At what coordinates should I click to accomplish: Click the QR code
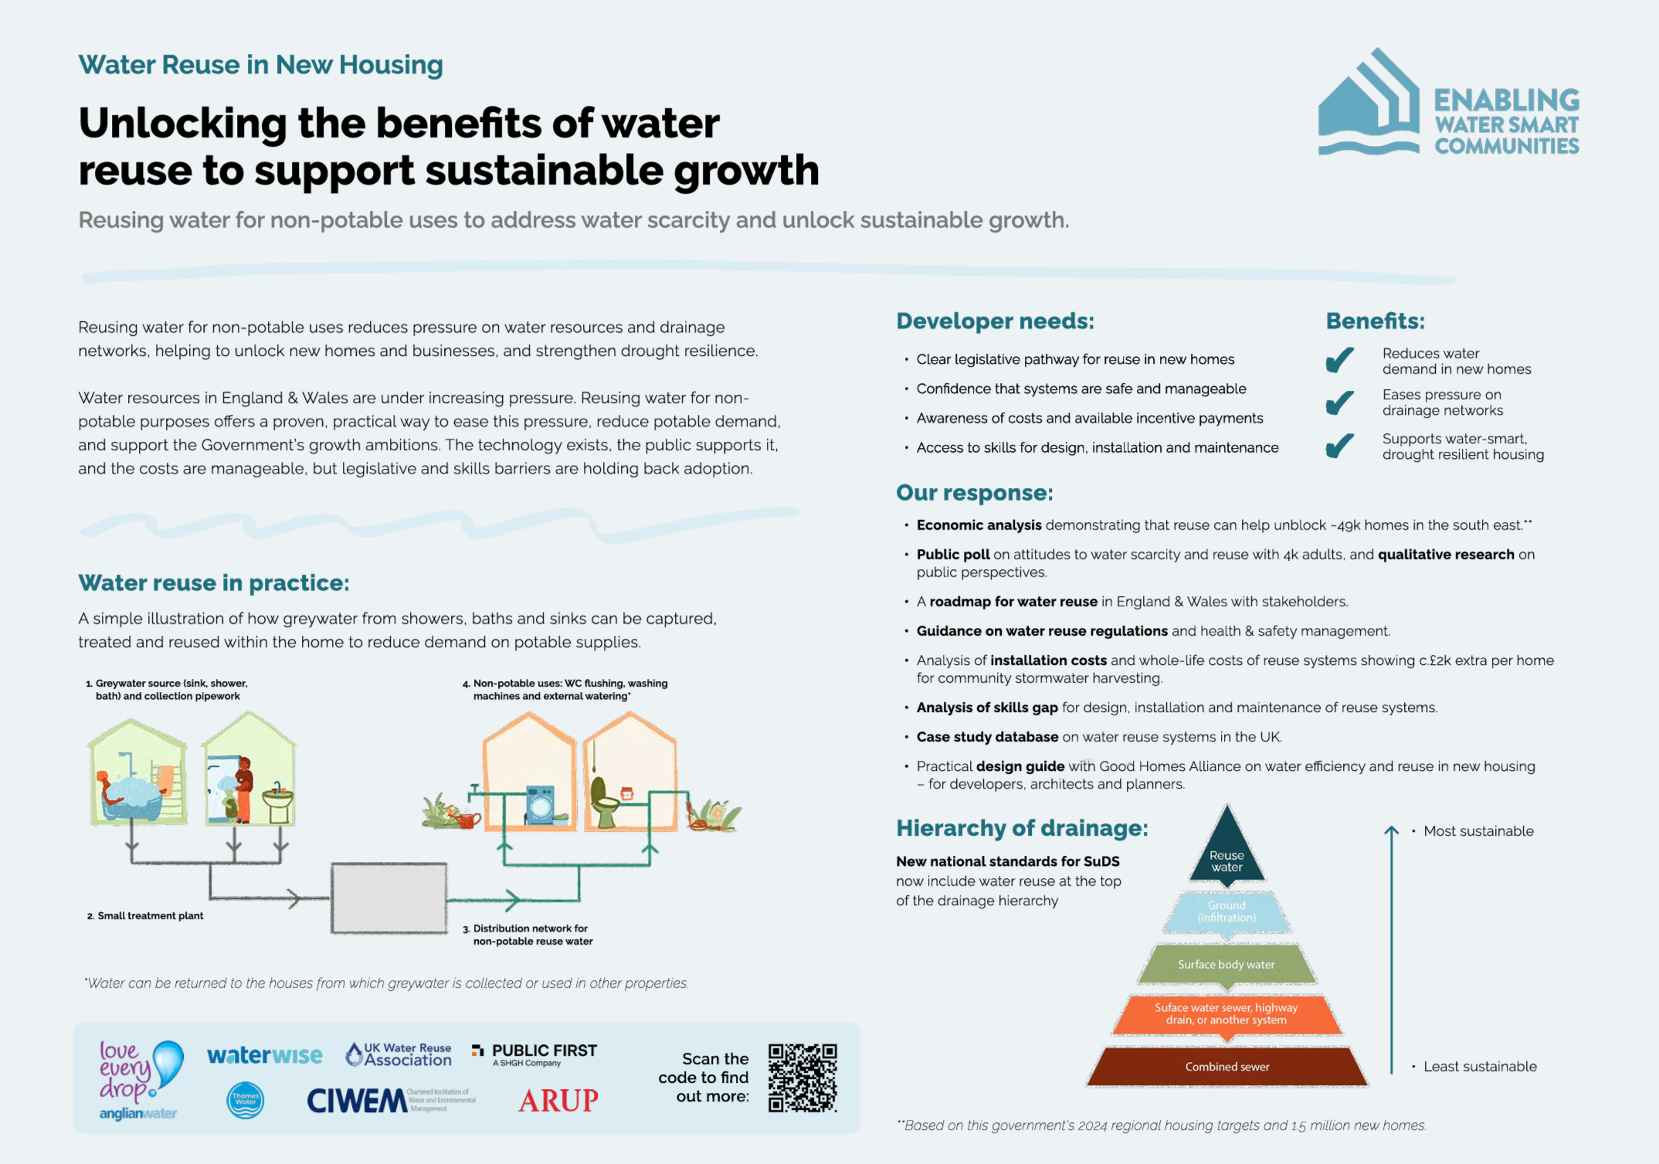point(802,1077)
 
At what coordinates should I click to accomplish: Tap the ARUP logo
point(558,1100)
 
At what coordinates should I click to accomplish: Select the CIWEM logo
point(357,1101)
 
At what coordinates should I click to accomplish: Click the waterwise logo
point(264,1055)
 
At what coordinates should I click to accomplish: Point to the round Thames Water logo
point(246,1100)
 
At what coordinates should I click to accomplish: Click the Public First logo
point(534,1054)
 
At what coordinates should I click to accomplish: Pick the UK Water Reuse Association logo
point(399,1054)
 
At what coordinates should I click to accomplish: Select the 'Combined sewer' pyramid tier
point(1226,1067)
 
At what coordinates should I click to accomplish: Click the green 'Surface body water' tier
point(1226,964)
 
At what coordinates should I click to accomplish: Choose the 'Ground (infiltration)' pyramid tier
point(1226,911)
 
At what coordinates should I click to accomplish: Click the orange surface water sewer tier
point(1226,1014)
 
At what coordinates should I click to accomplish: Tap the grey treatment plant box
point(389,898)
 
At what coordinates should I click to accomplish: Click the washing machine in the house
point(541,805)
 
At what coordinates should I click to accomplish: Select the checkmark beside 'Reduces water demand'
point(1340,360)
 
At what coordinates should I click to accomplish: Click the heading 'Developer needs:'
point(995,321)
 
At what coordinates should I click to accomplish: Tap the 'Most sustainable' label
point(1478,831)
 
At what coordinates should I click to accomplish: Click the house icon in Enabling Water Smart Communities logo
point(1369,104)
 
